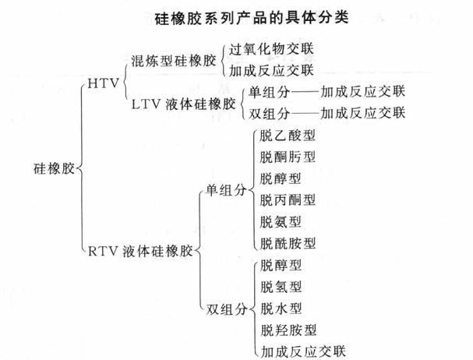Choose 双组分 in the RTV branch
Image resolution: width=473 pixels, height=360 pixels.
point(226,306)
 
